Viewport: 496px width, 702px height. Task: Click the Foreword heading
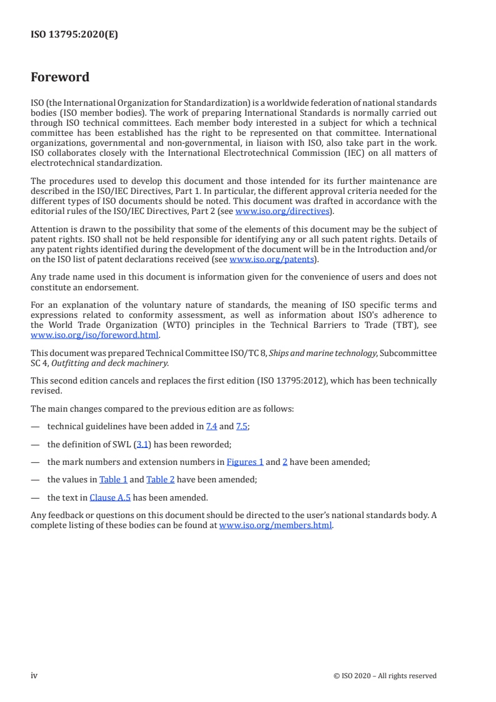[x=60, y=78]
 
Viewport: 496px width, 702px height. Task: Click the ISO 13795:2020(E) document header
[x=74, y=35]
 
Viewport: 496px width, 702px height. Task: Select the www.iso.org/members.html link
[x=276, y=526]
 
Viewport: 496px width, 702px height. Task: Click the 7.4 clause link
[x=211, y=427]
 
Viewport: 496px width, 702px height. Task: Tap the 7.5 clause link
[x=242, y=427]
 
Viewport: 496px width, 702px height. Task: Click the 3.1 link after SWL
[x=141, y=444]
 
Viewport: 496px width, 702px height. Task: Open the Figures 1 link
[x=245, y=462]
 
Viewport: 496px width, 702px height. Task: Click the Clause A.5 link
[x=110, y=498]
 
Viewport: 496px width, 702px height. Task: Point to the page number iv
[x=34, y=675]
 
